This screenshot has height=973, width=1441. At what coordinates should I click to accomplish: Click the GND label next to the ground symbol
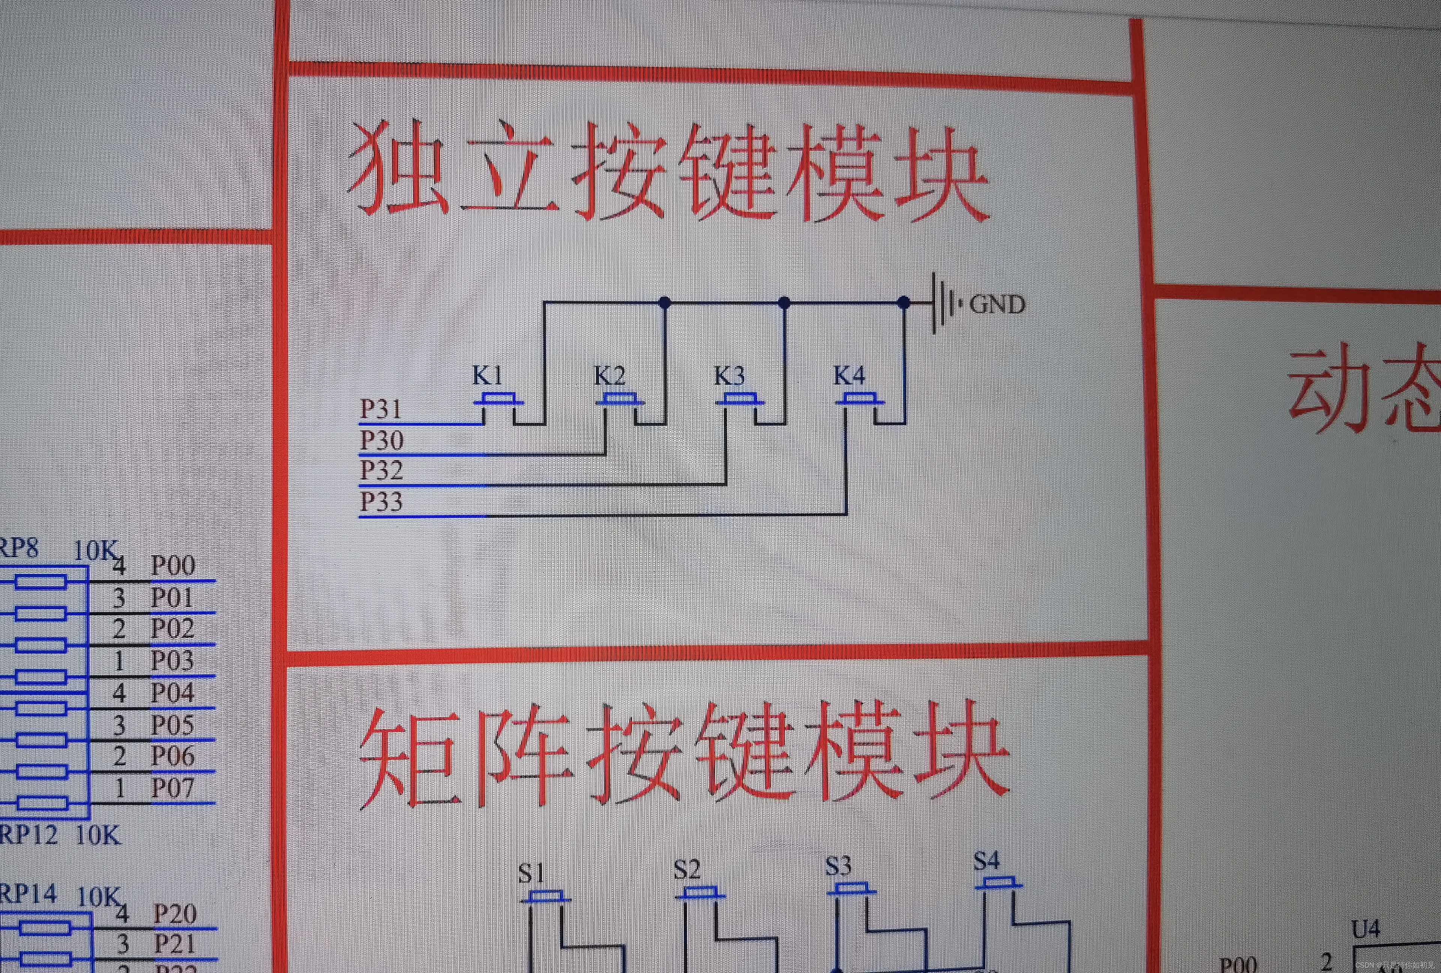997,304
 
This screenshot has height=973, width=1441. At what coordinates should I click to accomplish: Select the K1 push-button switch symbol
498,400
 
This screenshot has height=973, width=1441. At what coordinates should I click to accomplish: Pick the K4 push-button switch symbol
859,400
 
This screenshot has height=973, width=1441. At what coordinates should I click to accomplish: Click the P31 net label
381,409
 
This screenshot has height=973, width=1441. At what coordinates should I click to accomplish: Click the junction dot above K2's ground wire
665,303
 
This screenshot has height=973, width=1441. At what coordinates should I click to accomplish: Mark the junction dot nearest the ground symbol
904,303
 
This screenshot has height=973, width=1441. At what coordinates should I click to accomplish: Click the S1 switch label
531,873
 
